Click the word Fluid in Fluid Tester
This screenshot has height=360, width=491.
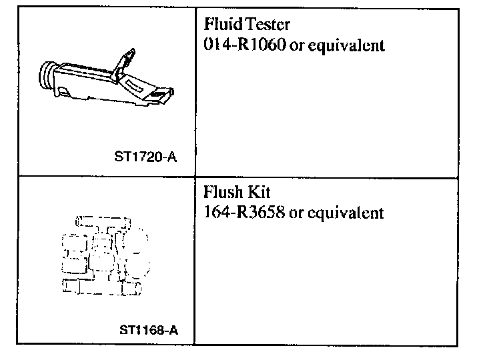pyautogui.click(x=219, y=25)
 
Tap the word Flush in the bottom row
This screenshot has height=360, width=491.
pyautogui.click(x=221, y=194)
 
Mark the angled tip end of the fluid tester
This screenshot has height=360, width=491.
pyautogui.click(x=163, y=97)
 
